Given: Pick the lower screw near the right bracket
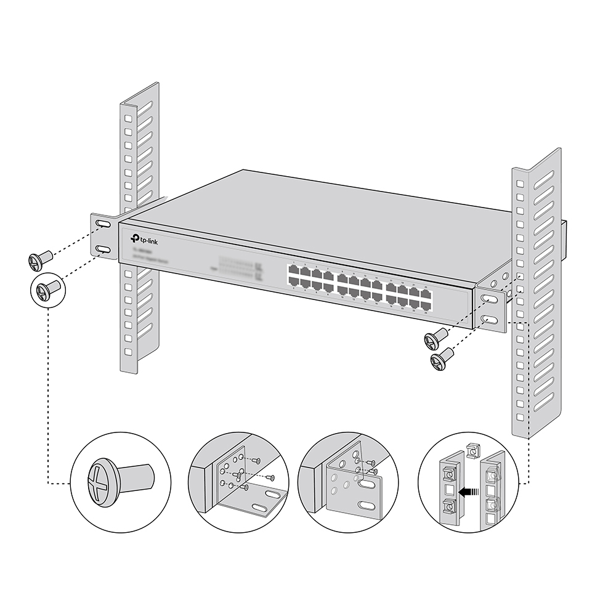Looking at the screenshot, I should [x=441, y=359].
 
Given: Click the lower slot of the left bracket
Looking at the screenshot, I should [x=103, y=249].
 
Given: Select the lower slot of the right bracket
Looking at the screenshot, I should [x=488, y=320].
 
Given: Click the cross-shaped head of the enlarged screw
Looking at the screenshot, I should [x=101, y=477].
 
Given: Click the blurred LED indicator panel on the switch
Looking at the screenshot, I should [x=240, y=267].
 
